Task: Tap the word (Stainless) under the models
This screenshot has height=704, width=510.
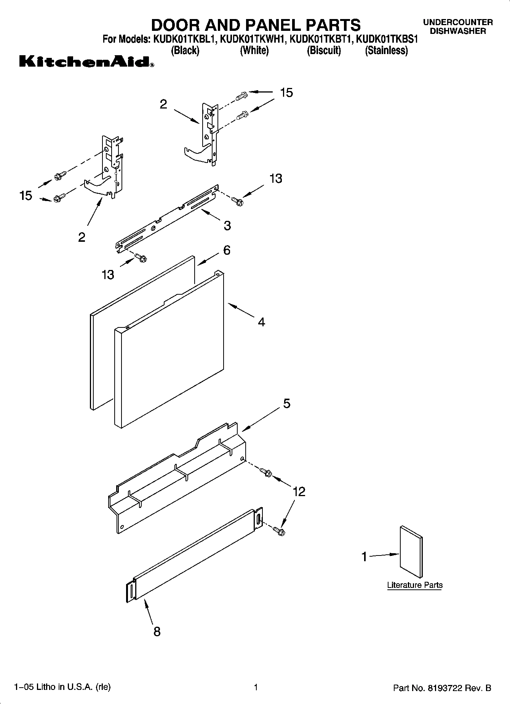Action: click(x=386, y=51)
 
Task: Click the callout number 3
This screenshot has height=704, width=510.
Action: click(x=227, y=226)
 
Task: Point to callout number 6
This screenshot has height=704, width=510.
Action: click(x=227, y=250)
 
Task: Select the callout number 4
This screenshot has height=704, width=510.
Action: click(x=261, y=322)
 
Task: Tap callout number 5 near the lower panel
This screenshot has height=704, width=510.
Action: click(x=286, y=403)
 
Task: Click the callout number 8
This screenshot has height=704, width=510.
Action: click(x=157, y=632)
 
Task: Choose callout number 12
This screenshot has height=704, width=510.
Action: click(x=299, y=492)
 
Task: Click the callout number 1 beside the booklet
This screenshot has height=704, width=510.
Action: click(x=364, y=557)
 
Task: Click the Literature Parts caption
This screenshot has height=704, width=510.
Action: click(x=415, y=585)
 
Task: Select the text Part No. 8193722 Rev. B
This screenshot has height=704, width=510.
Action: click(x=442, y=688)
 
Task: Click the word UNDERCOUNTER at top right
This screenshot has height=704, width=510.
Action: click(x=458, y=22)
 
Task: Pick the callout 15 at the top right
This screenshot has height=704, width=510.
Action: click(x=286, y=93)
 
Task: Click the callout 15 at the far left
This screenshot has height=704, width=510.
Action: click(x=26, y=196)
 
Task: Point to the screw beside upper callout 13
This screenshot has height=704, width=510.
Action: click(x=238, y=201)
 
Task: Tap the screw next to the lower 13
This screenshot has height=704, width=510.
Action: click(x=141, y=258)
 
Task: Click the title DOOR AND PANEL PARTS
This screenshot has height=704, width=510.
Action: click(x=256, y=25)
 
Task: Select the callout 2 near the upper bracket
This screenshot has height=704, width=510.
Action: click(x=163, y=104)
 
